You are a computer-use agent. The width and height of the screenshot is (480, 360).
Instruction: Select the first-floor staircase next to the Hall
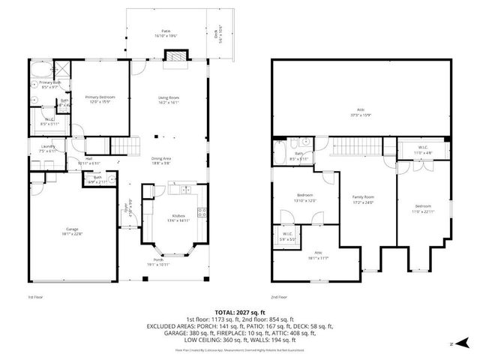click(125, 145)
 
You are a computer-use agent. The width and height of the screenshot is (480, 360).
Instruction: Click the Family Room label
click(363, 199)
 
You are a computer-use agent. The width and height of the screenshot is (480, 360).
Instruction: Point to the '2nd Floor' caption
click(279, 298)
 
